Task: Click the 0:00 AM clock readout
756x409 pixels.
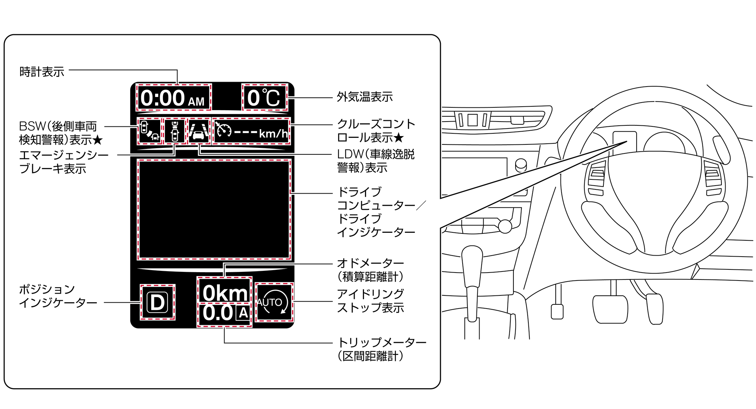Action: (173, 98)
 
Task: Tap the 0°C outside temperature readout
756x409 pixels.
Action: (264, 98)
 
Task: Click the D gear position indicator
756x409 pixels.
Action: (157, 302)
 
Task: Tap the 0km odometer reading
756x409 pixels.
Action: (225, 293)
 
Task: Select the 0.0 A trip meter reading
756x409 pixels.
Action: (225, 313)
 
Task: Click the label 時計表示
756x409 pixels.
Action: (42, 72)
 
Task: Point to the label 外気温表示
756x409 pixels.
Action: (365, 97)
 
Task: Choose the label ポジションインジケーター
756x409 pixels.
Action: (57, 296)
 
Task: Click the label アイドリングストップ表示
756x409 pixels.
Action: (370, 301)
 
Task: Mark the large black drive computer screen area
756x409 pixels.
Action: (214, 210)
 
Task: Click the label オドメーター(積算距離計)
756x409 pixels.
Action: (370, 270)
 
